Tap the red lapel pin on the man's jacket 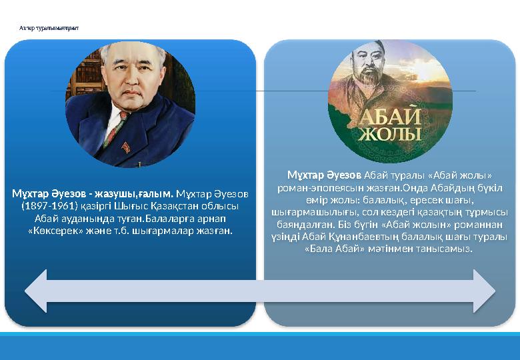pos(126,147)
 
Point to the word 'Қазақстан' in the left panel pos(175,205)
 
